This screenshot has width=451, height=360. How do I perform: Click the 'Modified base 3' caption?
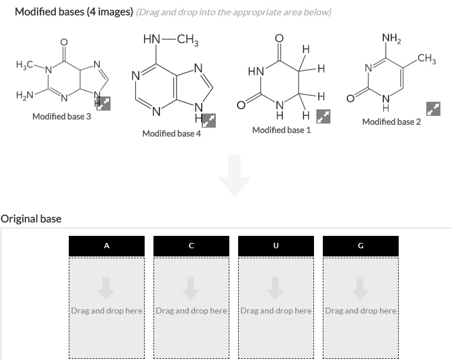(x=62, y=116)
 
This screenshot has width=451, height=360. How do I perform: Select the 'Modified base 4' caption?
(x=172, y=134)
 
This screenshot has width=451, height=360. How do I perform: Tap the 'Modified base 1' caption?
(x=281, y=129)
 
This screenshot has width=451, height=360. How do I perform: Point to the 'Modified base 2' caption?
(x=392, y=122)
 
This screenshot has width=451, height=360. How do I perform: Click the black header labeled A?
(x=106, y=246)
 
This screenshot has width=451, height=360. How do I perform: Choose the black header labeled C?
(x=191, y=246)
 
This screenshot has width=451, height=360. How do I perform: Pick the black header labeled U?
(x=276, y=246)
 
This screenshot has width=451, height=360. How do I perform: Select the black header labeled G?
(x=360, y=246)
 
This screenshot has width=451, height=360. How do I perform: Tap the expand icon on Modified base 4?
(x=209, y=121)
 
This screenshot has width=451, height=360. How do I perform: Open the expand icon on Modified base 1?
(x=323, y=116)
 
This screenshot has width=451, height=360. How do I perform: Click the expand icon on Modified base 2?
(x=433, y=109)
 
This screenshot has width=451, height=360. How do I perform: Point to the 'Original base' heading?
(x=31, y=219)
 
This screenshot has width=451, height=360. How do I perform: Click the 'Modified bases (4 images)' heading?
(x=73, y=12)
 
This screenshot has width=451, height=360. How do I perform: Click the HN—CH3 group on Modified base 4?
(x=171, y=40)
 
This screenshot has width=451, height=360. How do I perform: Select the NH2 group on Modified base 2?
(x=390, y=39)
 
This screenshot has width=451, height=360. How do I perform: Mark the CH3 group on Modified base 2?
(x=425, y=58)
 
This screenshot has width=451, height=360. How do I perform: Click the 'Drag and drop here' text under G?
(x=360, y=310)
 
